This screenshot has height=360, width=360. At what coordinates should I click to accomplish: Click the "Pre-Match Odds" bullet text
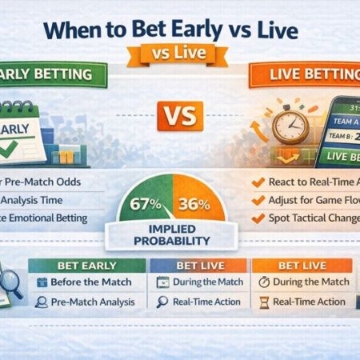click(44, 182)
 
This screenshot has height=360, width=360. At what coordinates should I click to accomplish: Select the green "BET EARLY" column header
click(86, 264)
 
